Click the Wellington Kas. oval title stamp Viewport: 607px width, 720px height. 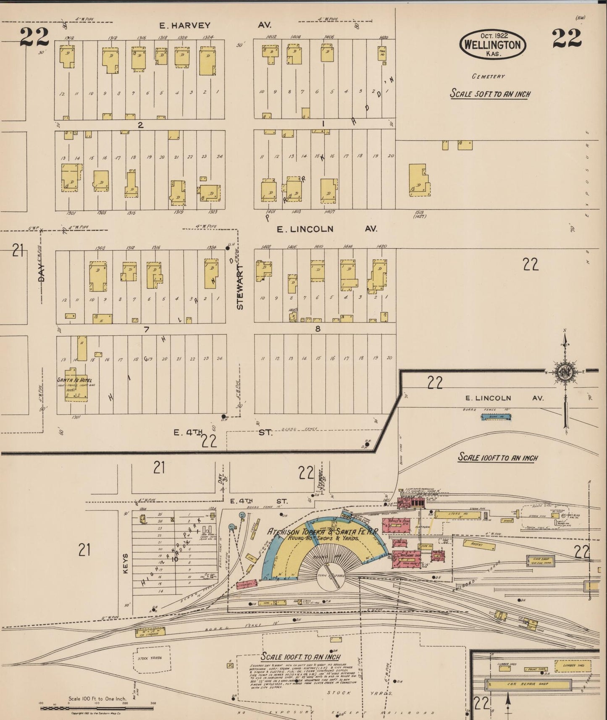[492, 45]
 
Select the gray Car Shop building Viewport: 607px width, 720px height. [541, 560]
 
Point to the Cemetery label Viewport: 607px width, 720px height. [488, 76]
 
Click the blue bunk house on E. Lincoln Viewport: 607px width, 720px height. [496, 417]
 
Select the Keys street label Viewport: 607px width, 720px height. [125, 564]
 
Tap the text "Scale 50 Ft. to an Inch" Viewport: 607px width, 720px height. [490, 93]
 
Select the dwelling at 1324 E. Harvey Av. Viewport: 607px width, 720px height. [208, 61]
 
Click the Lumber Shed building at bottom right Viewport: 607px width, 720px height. [572, 665]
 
